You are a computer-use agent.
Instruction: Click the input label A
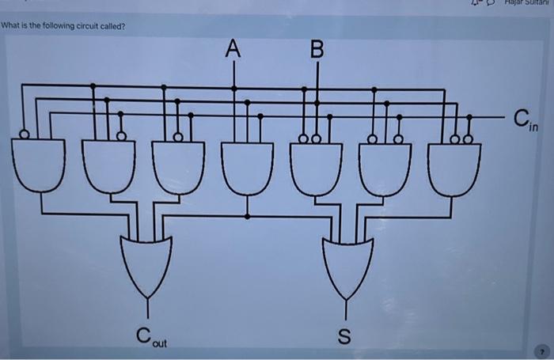click(232, 50)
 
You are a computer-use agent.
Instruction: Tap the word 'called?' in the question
click(113, 26)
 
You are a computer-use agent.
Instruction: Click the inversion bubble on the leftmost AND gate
click(25, 135)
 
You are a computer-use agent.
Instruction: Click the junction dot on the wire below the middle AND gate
click(248, 215)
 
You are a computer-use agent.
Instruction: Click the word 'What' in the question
click(10, 26)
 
